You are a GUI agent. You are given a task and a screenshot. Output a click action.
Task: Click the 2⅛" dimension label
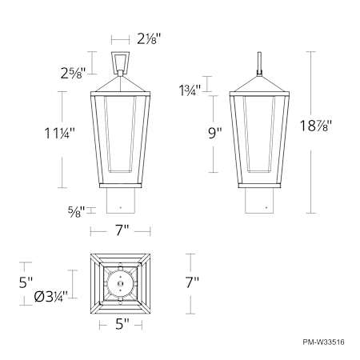[149, 39]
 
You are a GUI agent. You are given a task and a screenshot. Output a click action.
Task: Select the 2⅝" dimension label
[73, 73]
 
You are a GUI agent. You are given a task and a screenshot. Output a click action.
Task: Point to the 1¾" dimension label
[190, 90]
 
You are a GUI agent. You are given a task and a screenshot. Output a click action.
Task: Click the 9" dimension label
[215, 133]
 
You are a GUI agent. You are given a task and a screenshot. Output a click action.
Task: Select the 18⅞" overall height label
[316, 126]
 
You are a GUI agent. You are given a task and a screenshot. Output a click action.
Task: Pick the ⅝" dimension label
[76, 212]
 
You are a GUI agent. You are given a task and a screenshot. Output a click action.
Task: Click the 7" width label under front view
[122, 230]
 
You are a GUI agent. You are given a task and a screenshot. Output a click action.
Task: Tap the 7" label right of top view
[192, 282]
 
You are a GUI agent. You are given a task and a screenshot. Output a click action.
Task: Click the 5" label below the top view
[122, 324]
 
